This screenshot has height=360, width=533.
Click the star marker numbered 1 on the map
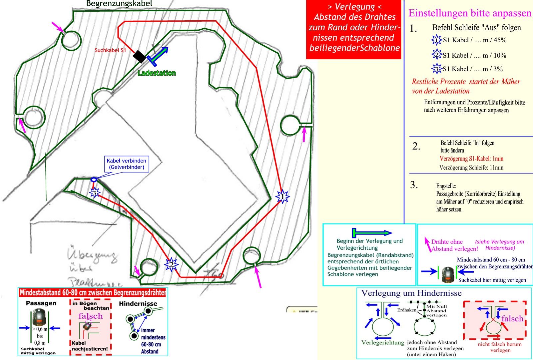coord(282,197)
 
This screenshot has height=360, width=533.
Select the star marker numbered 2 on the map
coord(171,265)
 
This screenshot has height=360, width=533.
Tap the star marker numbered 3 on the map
coord(94,193)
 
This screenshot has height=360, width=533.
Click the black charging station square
coord(140,56)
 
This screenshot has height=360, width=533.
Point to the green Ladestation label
coord(157,73)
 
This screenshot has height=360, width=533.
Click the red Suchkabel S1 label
coord(110,50)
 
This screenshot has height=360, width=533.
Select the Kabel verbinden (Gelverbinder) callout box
coord(126,164)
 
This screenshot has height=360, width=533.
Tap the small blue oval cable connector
coord(94,180)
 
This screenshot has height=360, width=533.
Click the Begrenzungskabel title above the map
coord(119,4)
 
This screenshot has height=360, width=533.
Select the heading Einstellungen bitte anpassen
coord(470,13)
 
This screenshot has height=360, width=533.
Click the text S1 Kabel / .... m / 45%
coord(474,40)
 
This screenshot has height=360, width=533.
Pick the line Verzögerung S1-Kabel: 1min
coord(471,159)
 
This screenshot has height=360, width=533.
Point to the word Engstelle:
coord(446,186)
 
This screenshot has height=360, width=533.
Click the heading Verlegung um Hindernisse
coord(411,293)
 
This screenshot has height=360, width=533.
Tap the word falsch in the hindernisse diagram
coord(512,319)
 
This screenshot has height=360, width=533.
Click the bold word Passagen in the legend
coord(41,303)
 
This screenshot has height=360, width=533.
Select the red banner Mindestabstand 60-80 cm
coord(93,293)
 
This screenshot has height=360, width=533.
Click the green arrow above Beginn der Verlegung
coord(372,232)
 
